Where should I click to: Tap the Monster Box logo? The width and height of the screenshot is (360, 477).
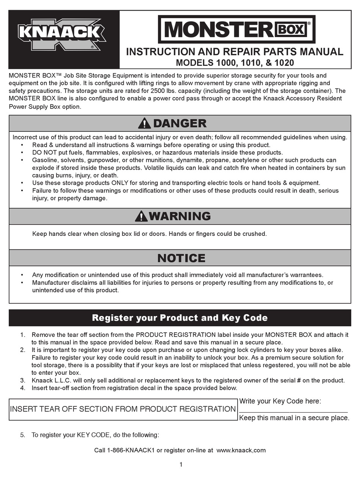(x=236, y=30)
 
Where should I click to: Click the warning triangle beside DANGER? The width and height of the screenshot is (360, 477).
(x=144, y=123)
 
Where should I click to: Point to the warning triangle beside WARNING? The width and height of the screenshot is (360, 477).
(x=141, y=216)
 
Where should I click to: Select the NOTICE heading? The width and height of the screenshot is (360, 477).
(x=181, y=258)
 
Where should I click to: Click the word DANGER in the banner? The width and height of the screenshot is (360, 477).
(x=180, y=123)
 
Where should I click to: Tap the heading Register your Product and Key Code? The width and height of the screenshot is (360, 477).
(x=180, y=318)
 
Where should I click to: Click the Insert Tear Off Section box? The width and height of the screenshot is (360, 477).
(x=123, y=409)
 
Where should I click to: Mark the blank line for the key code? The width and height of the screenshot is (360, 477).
(x=293, y=410)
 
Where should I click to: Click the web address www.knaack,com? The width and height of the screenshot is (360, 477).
(x=241, y=450)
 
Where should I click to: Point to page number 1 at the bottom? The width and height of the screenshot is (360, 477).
(x=181, y=465)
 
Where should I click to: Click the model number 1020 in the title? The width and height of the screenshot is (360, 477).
(x=284, y=62)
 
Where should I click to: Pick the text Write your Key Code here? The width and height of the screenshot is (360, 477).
(x=280, y=401)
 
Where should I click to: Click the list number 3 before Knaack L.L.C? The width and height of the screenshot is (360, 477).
(x=23, y=380)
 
